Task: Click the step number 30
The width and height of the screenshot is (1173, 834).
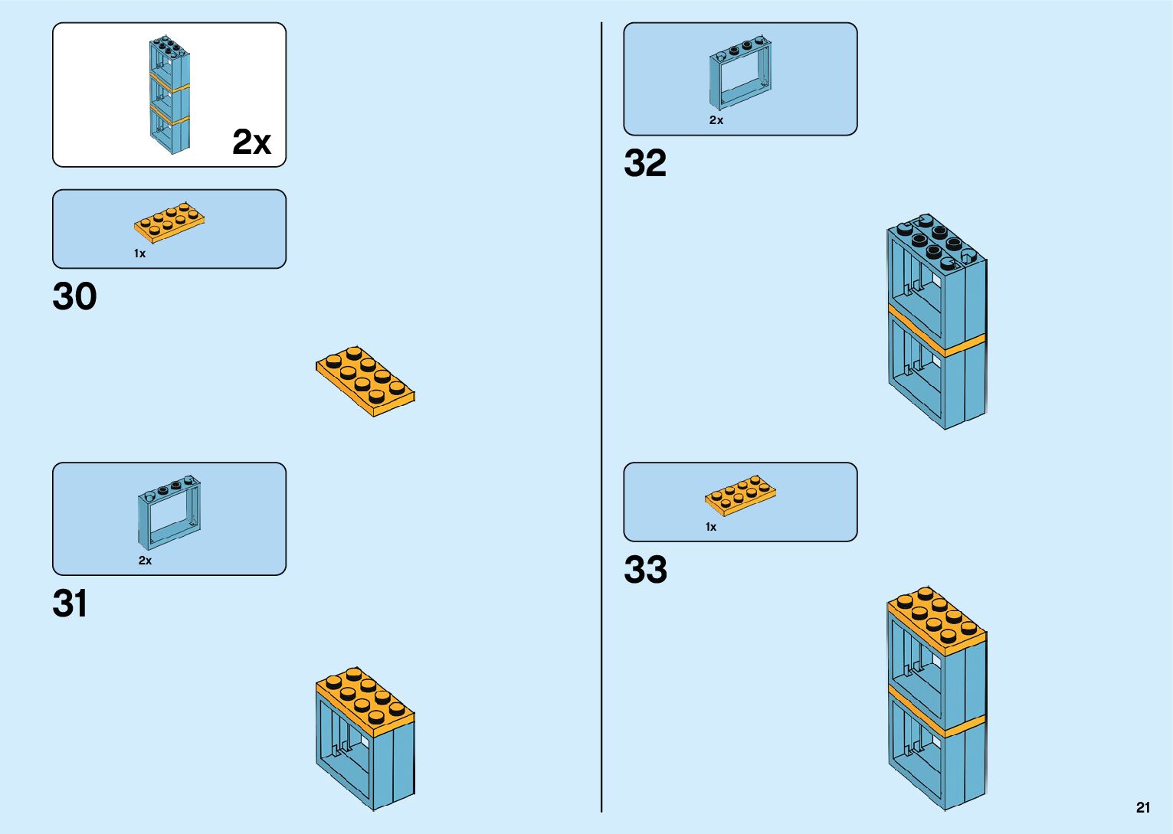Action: (x=74, y=296)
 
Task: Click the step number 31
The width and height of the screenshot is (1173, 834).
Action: (x=69, y=603)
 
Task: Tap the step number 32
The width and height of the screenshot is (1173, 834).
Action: (x=645, y=163)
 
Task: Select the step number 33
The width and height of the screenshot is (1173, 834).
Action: (x=645, y=570)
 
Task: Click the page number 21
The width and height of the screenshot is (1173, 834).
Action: (x=1143, y=807)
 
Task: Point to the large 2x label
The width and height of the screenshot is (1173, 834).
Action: (x=251, y=142)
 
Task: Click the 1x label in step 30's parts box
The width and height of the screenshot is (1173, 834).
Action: (x=139, y=253)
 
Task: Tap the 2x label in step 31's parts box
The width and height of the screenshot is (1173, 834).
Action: (x=145, y=561)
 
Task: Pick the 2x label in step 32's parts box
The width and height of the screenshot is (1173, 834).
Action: (x=716, y=120)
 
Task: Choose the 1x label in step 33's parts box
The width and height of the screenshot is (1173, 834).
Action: (x=711, y=527)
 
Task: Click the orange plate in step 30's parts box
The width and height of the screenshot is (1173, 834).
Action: (x=169, y=221)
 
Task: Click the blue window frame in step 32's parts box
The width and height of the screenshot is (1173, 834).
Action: (x=740, y=73)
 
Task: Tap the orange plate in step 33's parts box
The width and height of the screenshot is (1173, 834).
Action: (x=740, y=495)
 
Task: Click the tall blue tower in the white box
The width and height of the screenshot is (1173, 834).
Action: (x=169, y=95)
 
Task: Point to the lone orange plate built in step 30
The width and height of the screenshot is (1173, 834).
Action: (x=365, y=381)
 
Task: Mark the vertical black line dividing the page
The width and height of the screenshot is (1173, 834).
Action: (x=601, y=417)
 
